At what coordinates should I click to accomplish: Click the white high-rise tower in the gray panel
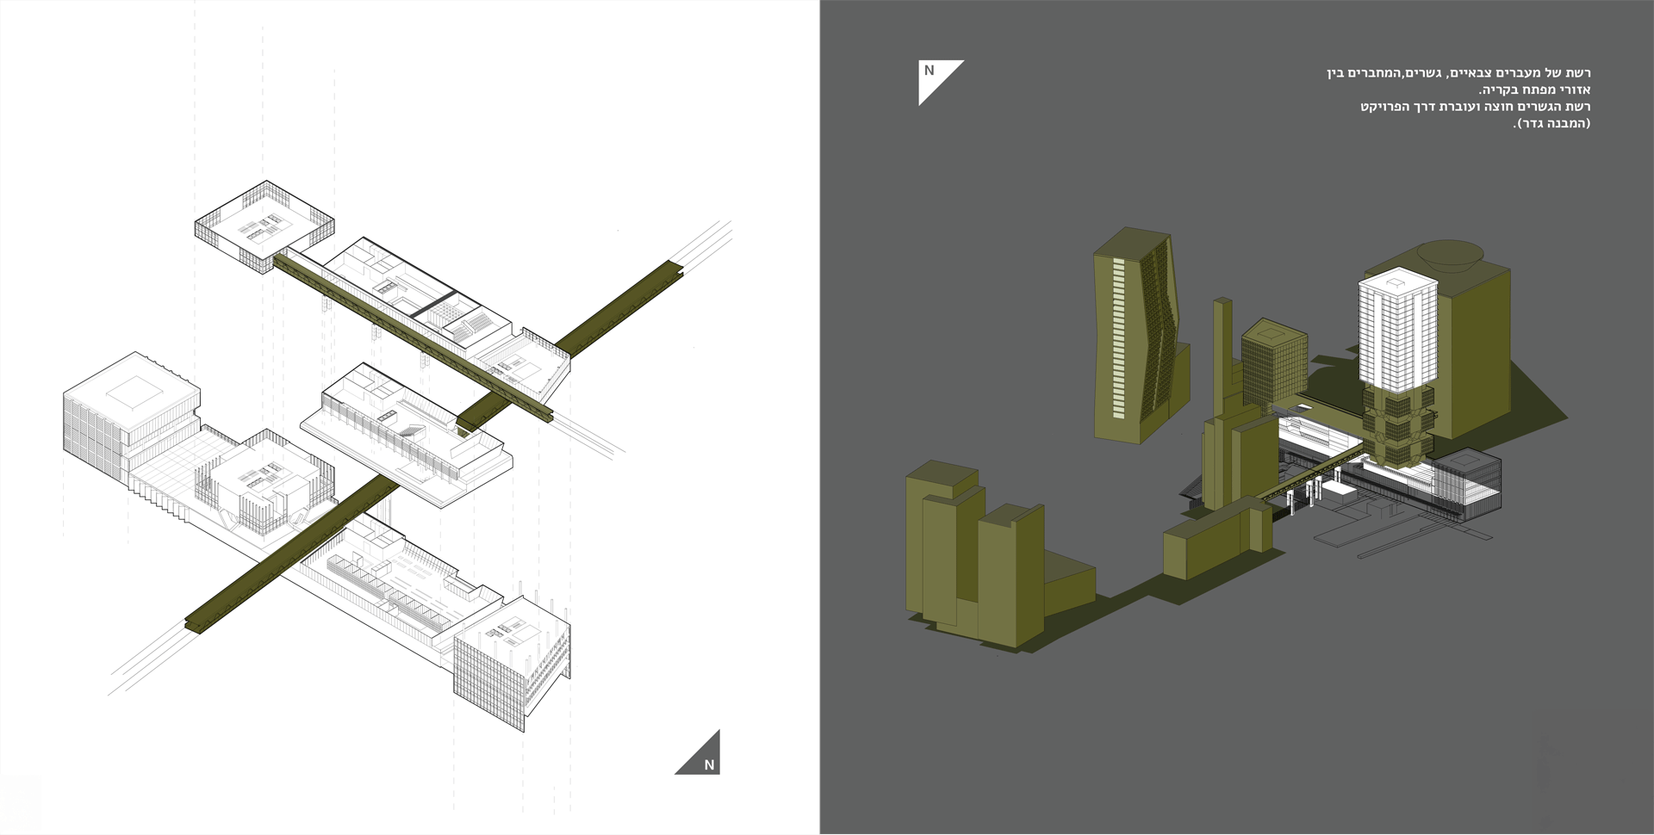tap(1398, 331)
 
